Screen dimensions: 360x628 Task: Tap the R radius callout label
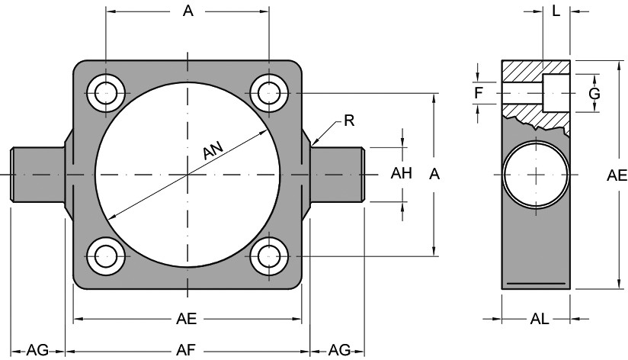click(x=349, y=120)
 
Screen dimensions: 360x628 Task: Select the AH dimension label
click(x=401, y=173)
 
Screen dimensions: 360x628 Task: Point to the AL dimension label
click(x=539, y=320)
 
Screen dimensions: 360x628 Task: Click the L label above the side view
click(x=556, y=11)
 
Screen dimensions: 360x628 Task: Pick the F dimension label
click(x=478, y=93)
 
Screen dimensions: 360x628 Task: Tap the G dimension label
click(x=595, y=94)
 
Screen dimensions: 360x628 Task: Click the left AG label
click(x=37, y=350)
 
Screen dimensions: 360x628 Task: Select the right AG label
click(x=339, y=350)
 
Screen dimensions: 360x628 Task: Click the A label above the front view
click(x=187, y=11)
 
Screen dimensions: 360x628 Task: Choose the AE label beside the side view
click(x=617, y=175)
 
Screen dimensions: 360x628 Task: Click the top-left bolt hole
click(x=106, y=93)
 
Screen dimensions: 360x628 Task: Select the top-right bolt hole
click(x=268, y=93)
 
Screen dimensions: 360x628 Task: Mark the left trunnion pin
click(x=37, y=174)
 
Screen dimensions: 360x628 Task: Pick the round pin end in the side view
click(x=537, y=174)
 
